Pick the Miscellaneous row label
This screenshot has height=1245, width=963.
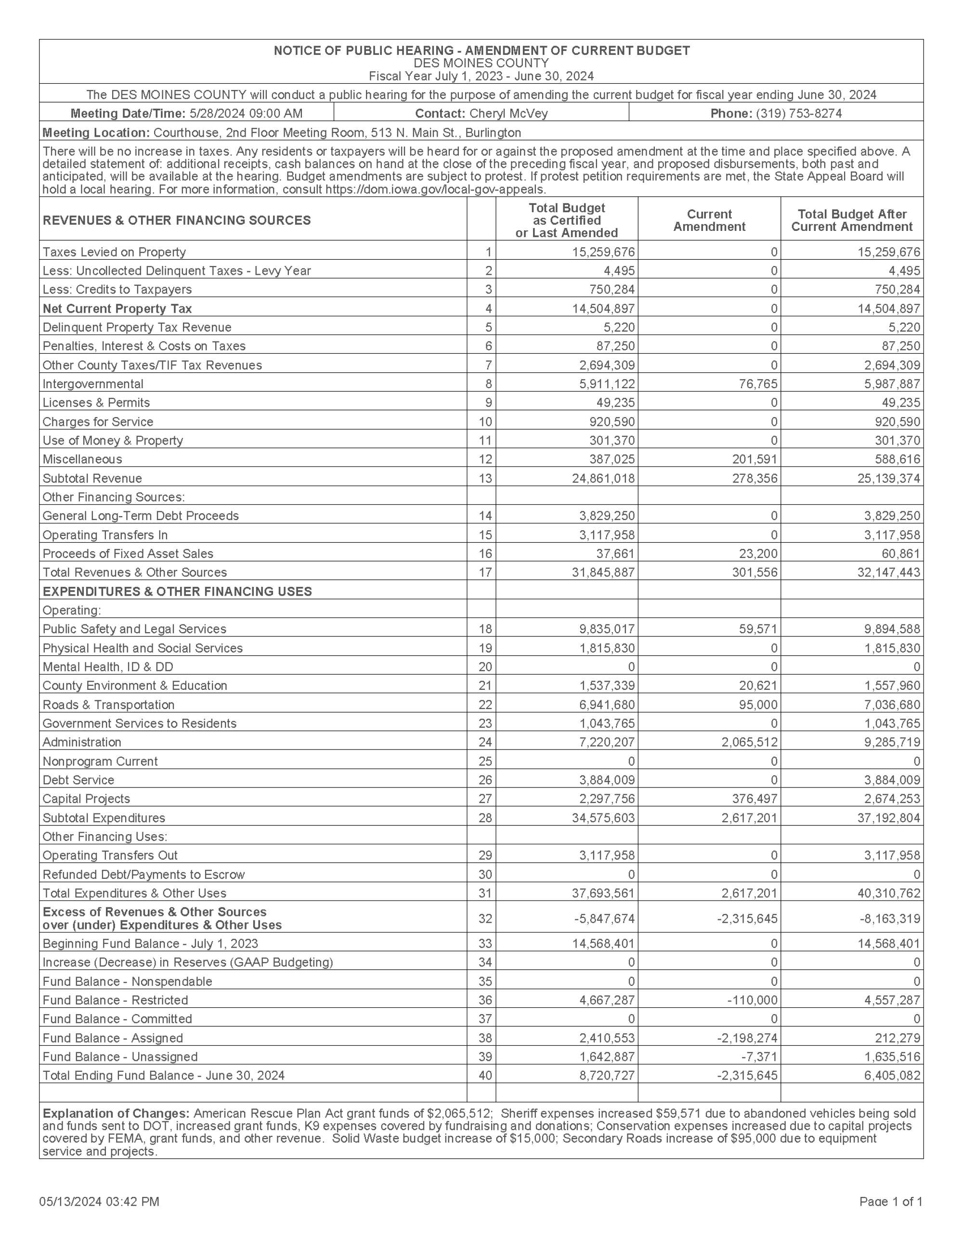coord(82,459)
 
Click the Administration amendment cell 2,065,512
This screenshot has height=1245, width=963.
coord(749,742)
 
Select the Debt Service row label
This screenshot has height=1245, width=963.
coord(78,780)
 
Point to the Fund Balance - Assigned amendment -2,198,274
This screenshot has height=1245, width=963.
coord(747,1038)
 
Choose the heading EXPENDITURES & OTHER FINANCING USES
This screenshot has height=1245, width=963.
coord(177,591)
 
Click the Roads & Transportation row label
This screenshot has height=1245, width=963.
coord(108,705)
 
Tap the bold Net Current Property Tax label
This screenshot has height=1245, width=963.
coord(117,308)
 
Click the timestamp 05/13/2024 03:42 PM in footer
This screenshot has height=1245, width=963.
coord(99,1202)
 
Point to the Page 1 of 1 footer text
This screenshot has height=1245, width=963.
coord(891,1202)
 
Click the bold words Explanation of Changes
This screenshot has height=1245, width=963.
coord(116,1113)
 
